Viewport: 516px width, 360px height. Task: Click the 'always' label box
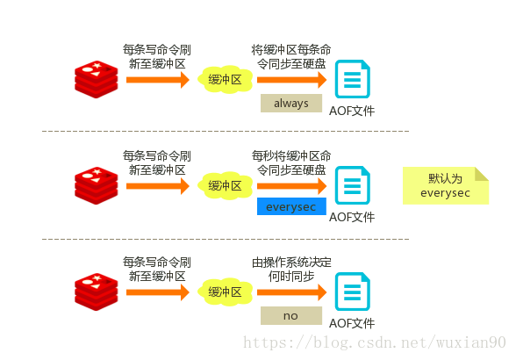[291, 104]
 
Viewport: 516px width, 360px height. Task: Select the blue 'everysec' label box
[291, 207]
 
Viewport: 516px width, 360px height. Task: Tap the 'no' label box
[291, 315]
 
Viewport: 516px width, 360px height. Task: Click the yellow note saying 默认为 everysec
[445, 186]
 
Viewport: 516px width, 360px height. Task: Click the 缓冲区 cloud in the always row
[224, 80]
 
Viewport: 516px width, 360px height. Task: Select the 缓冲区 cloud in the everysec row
[224, 185]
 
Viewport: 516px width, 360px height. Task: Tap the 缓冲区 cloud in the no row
[224, 292]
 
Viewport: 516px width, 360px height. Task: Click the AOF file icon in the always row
[352, 80]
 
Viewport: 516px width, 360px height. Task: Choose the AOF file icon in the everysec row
[352, 185]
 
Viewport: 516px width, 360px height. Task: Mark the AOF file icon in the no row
[352, 292]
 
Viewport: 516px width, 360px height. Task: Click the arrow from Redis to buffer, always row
[158, 80]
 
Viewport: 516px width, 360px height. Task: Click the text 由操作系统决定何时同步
[291, 269]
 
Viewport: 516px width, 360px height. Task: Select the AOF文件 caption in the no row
[352, 323]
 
